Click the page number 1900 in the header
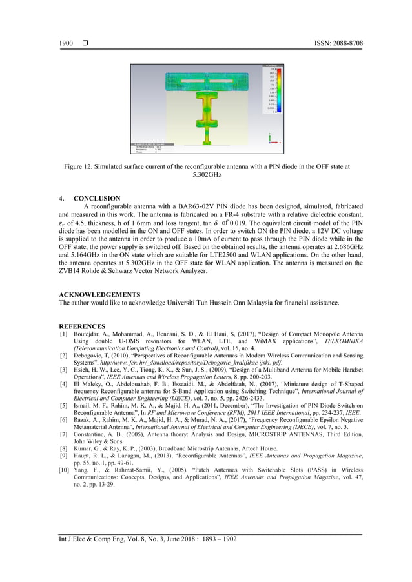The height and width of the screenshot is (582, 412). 65,43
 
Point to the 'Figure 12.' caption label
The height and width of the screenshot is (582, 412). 80,166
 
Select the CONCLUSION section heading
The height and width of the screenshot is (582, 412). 97,198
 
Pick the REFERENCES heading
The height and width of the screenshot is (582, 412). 81,326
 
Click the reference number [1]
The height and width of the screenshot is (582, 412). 63,334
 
